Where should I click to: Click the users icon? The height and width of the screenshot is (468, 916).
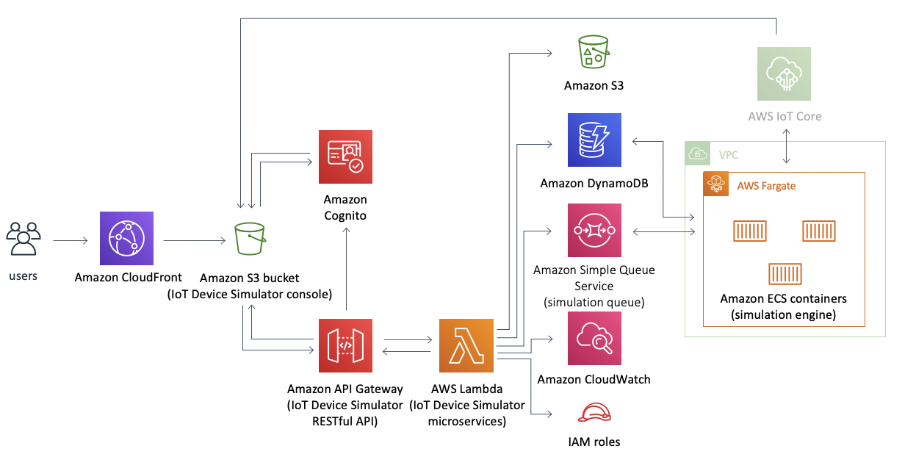pyautogui.click(x=24, y=239)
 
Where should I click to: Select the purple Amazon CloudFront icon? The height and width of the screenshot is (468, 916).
pyautogui.click(x=127, y=238)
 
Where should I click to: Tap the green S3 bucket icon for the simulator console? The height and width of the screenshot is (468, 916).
pyautogui.click(x=250, y=239)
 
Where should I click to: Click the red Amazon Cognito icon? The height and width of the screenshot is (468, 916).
pyautogui.click(x=345, y=156)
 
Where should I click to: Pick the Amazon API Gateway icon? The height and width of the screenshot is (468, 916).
pyautogui.click(x=345, y=346)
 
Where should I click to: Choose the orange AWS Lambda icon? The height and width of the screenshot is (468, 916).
pyautogui.click(x=466, y=346)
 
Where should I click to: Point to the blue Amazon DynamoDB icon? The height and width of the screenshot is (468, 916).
pyautogui.click(x=594, y=140)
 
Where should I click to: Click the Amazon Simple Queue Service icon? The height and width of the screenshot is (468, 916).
pyautogui.click(x=594, y=230)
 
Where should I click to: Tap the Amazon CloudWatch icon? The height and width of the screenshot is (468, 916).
pyautogui.click(x=594, y=338)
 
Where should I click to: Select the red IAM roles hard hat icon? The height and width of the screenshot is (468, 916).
pyautogui.click(x=594, y=412)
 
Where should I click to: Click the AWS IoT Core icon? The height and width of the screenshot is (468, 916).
pyautogui.click(x=784, y=73)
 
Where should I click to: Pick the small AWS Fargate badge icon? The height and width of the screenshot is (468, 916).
pyautogui.click(x=715, y=184)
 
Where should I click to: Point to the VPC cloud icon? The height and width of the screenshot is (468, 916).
pyautogui.click(x=698, y=154)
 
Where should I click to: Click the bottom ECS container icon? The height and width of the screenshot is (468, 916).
pyautogui.click(x=785, y=274)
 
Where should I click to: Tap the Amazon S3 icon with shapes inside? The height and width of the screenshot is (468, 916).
pyautogui.click(x=594, y=51)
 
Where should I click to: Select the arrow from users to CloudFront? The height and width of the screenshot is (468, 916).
pyautogui.click(x=71, y=240)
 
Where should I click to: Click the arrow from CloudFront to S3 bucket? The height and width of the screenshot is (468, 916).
pyautogui.click(x=194, y=240)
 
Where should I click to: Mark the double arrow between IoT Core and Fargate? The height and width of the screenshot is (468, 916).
pyautogui.click(x=786, y=146)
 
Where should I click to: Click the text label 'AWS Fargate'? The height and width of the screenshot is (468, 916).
pyautogui.click(x=766, y=186)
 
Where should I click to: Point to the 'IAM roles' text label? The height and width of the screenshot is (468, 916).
pyautogui.click(x=594, y=442)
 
